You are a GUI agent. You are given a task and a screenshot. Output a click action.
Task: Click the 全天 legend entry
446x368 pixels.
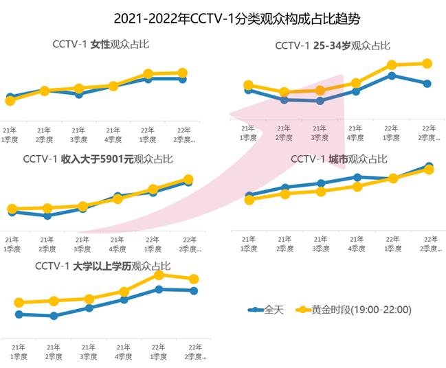266,310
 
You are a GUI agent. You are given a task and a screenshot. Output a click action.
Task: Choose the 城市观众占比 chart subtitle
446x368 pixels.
339,159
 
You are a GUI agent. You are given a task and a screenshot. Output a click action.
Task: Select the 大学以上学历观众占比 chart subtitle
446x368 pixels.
102,266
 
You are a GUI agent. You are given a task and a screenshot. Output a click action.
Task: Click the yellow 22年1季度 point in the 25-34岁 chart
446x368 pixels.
392,65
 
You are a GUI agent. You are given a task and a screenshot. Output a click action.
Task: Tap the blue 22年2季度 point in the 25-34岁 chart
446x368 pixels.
427,84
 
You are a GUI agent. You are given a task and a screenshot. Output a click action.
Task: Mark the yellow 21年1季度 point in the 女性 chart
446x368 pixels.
10,101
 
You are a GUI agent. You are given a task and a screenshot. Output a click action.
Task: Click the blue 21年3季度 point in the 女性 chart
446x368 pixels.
79,94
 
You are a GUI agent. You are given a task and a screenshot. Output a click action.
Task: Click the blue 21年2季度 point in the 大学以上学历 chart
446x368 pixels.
54,316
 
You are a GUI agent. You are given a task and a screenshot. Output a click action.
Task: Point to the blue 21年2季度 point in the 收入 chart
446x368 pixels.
47,216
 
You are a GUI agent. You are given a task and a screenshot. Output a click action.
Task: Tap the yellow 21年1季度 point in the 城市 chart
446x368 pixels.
249,200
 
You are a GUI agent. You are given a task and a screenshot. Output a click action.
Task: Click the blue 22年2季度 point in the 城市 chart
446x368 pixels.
430,166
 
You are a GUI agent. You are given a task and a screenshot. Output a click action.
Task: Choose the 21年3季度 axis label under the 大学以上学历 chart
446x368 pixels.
89,352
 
